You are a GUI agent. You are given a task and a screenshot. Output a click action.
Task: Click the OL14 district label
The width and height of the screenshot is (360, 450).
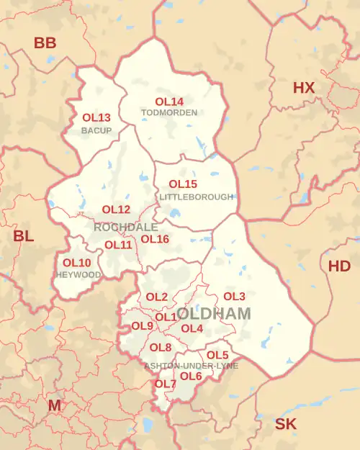[169, 102]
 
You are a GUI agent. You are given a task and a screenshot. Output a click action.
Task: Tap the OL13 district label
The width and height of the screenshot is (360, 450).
[96, 117]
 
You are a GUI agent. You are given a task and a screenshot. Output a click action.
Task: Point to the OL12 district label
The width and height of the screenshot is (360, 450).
[116, 210]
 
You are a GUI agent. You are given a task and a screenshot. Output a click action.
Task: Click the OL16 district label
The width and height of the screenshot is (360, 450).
[155, 239]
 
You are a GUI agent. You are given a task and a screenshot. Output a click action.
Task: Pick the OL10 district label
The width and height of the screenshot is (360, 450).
[77, 263]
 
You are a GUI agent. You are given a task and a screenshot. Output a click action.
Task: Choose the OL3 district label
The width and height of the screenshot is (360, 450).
[234, 296]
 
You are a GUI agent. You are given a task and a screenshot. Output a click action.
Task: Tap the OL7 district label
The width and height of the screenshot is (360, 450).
[165, 384]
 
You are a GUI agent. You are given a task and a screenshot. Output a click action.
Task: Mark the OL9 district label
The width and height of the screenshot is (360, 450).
[142, 326]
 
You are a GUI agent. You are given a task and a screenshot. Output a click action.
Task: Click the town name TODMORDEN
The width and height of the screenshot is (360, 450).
[169, 113]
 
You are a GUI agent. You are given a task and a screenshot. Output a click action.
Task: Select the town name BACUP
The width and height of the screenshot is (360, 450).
[96, 130]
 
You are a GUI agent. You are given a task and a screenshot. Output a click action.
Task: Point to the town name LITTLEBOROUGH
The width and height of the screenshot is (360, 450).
[197, 197]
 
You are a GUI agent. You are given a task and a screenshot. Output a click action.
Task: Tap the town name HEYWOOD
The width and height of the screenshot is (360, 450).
[78, 275]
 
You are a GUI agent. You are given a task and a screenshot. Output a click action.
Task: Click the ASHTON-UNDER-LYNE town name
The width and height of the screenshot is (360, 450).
[191, 366]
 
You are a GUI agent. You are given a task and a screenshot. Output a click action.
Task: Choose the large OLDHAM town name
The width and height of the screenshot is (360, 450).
[214, 314]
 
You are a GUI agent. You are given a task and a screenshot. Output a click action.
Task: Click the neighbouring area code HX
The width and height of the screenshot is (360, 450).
[304, 88]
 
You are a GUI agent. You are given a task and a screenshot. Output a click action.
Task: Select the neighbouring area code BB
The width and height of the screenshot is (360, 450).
[45, 43]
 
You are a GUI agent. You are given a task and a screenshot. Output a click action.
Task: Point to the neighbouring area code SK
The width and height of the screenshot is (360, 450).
[286, 424]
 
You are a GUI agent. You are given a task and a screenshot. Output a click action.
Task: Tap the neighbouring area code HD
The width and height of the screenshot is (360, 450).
[339, 266]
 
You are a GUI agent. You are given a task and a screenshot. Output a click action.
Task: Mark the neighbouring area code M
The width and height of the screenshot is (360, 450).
[55, 405]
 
